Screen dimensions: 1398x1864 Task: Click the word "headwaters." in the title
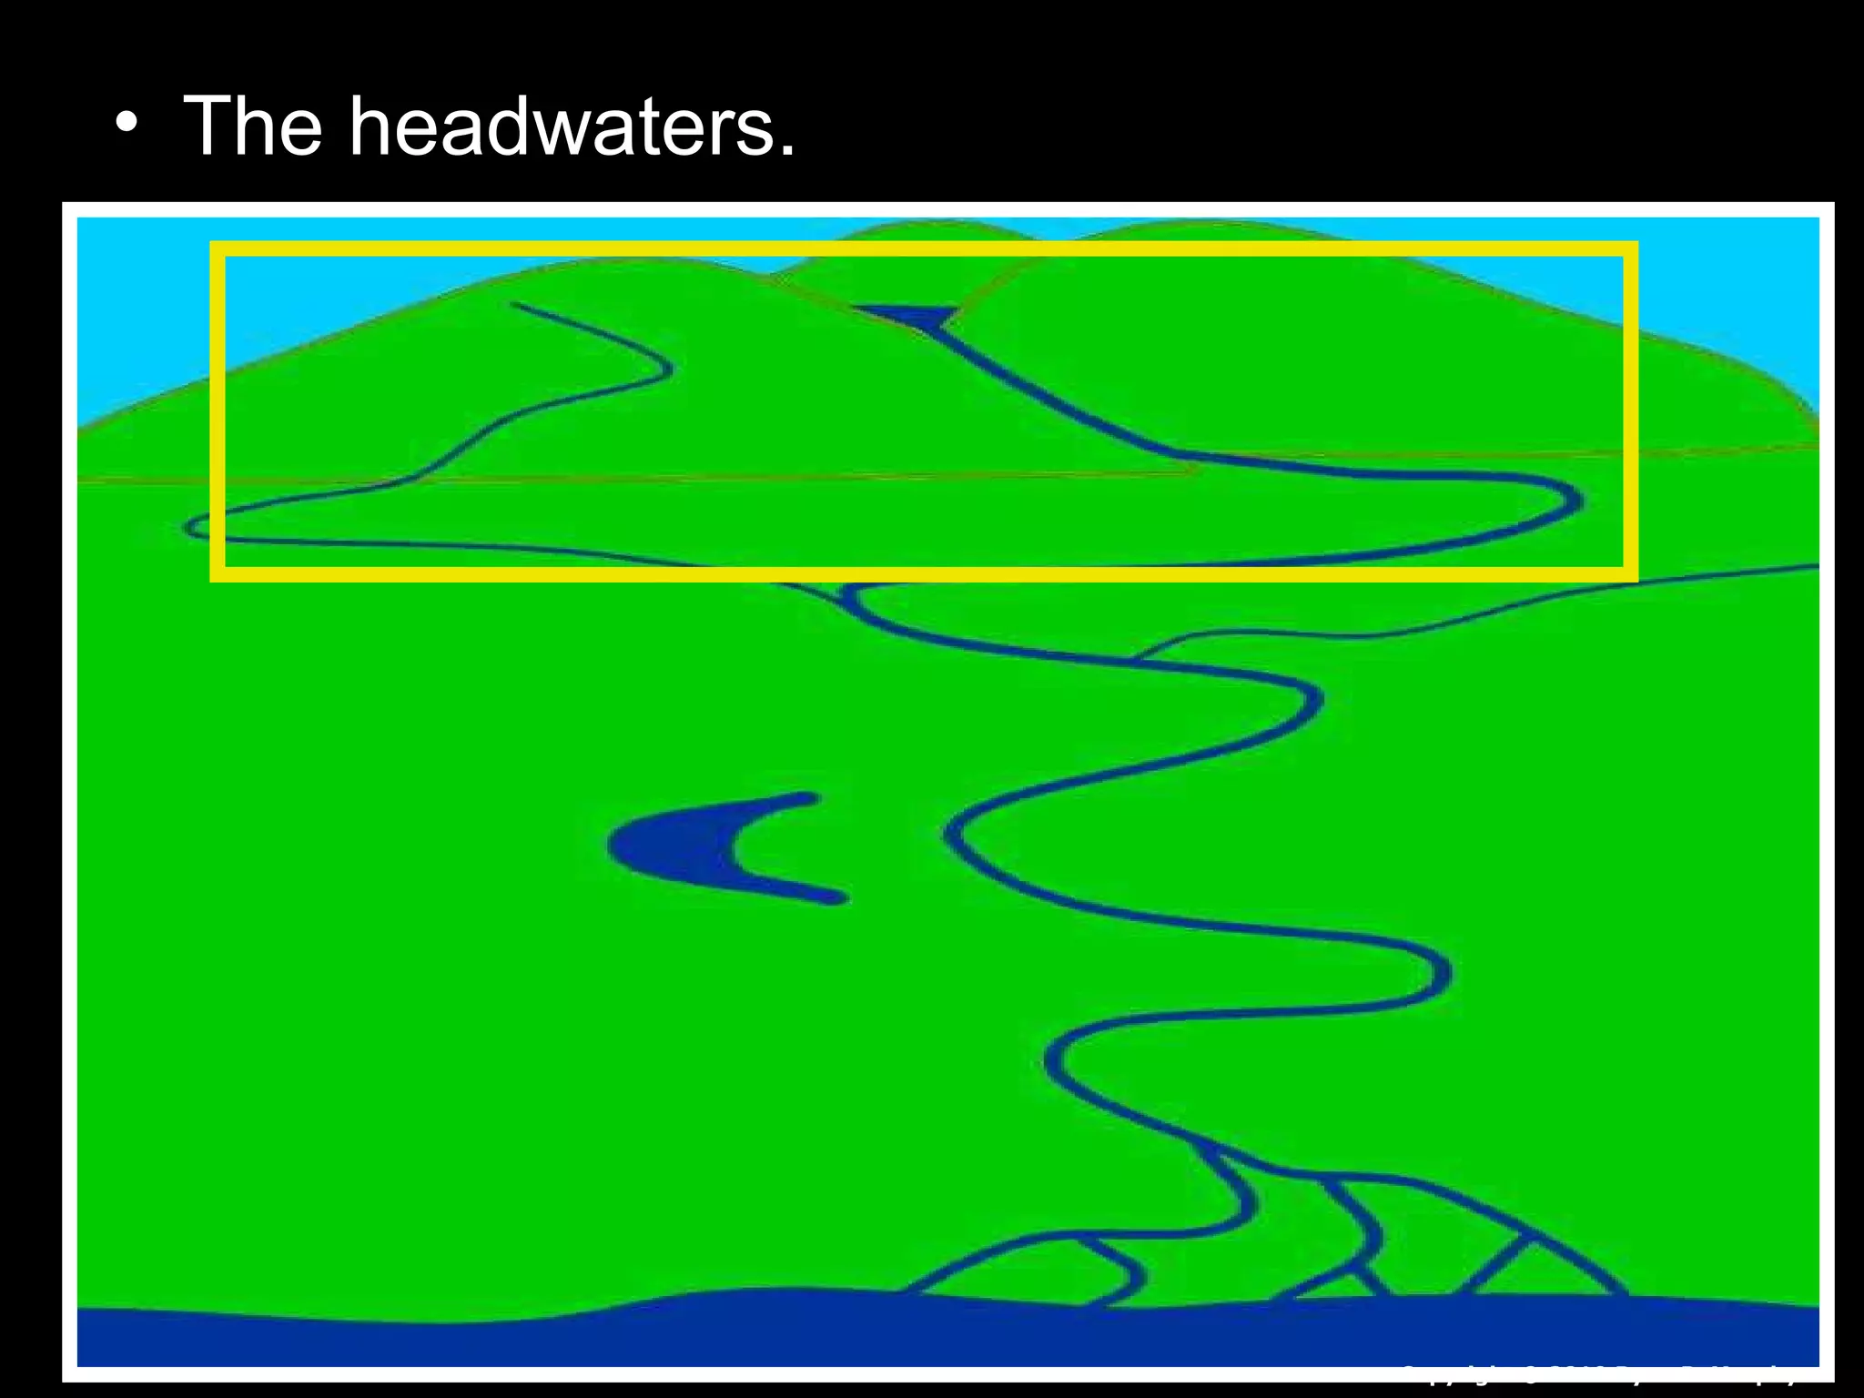click(572, 127)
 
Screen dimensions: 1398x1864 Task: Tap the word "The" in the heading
click(253, 127)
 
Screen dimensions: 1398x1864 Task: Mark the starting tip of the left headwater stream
click(515, 305)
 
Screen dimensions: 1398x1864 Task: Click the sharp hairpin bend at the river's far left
click(191, 527)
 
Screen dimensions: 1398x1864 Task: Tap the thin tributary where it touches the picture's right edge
click(1815, 567)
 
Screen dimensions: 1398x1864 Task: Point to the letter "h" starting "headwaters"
click(373, 127)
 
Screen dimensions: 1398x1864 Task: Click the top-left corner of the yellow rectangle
click(218, 248)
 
